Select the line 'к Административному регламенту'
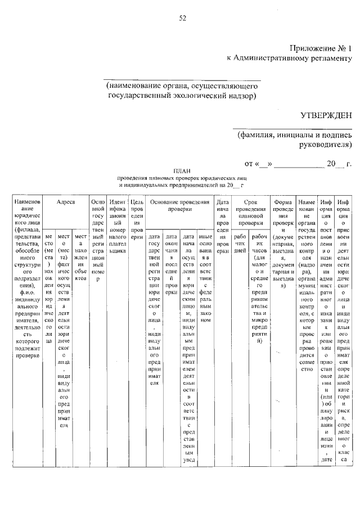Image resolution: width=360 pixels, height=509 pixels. pos(289,57)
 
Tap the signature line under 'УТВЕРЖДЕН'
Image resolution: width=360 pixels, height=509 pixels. pos(292,128)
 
